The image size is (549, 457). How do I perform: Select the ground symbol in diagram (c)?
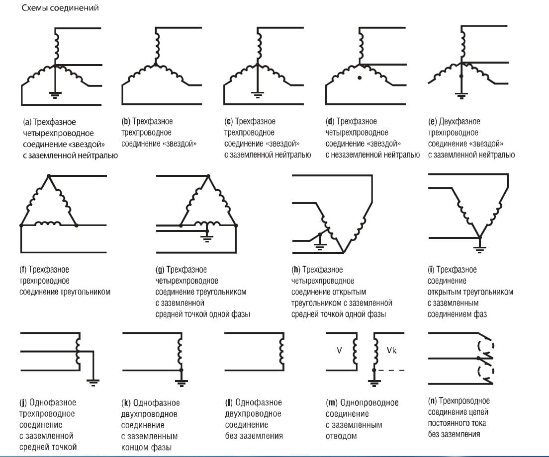coord(257,93)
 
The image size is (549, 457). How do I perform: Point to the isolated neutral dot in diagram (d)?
coord(360,78)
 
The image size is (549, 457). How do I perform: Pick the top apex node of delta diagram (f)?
coord(48,176)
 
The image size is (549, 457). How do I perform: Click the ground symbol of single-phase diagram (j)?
coord(93,381)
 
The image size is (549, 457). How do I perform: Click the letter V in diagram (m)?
coord(339,350)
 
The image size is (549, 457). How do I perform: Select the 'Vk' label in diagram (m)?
coord(391,350)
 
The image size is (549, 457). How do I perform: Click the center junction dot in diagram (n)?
coord(478,358)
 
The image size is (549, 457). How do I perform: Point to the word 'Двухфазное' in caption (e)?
coord(460,122)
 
